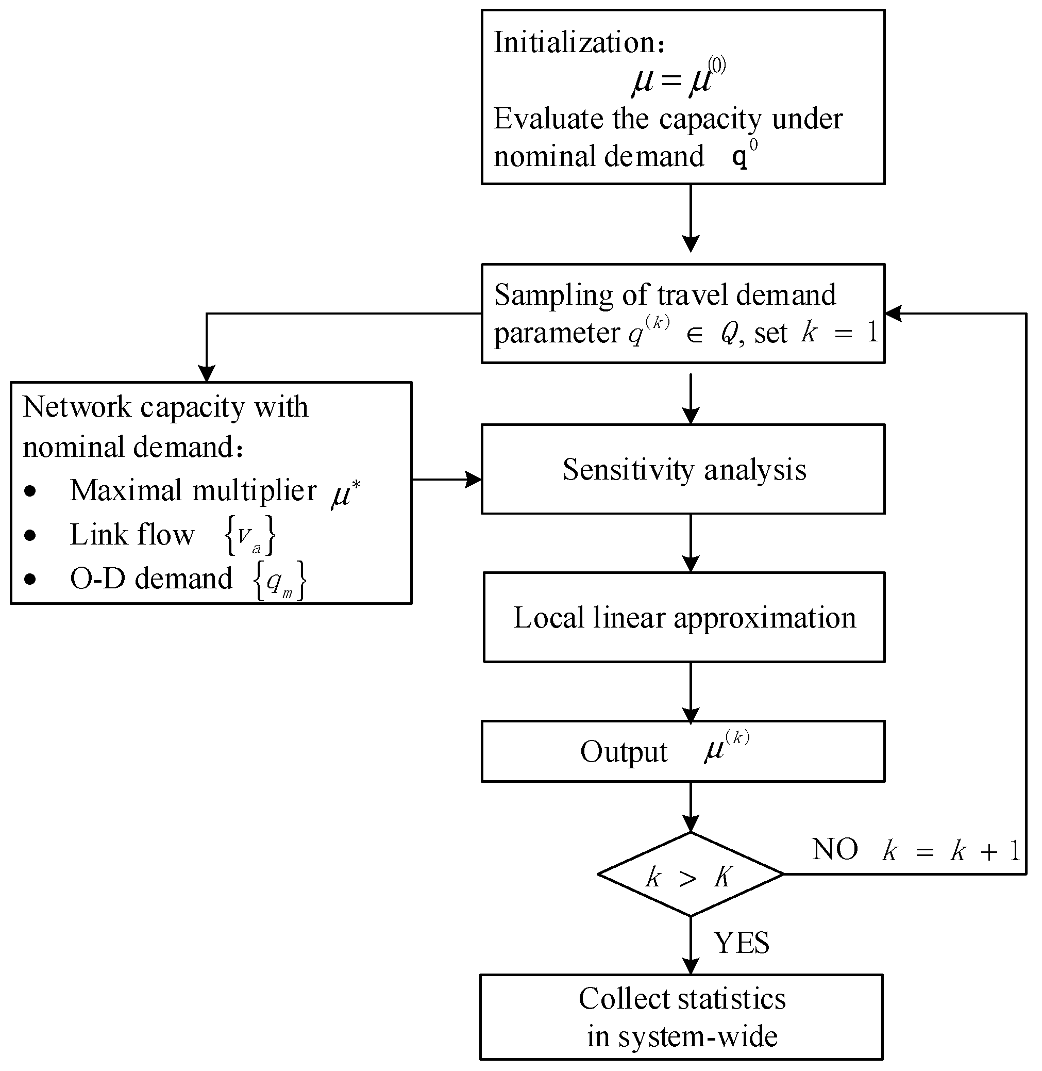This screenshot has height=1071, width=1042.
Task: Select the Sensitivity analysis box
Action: pos(683,469)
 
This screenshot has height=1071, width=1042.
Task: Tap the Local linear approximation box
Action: pos(683,618)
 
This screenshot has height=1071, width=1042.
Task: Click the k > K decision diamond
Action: pos(690,875)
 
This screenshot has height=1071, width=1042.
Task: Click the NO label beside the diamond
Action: pos(835,850)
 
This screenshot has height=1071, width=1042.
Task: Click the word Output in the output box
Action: pos(624,752)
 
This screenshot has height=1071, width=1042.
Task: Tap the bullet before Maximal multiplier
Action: pos(30,491)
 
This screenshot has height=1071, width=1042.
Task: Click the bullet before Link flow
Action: pos(30,535)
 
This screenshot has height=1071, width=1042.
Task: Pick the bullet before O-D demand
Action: pos(30,579)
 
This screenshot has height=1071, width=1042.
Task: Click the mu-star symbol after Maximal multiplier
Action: pos(345,493)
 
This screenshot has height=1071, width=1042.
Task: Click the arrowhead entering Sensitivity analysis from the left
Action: pos(474,480)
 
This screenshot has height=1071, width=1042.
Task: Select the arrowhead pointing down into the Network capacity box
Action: pos(206,373)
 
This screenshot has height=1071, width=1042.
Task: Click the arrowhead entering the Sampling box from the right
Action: pos(893,314)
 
